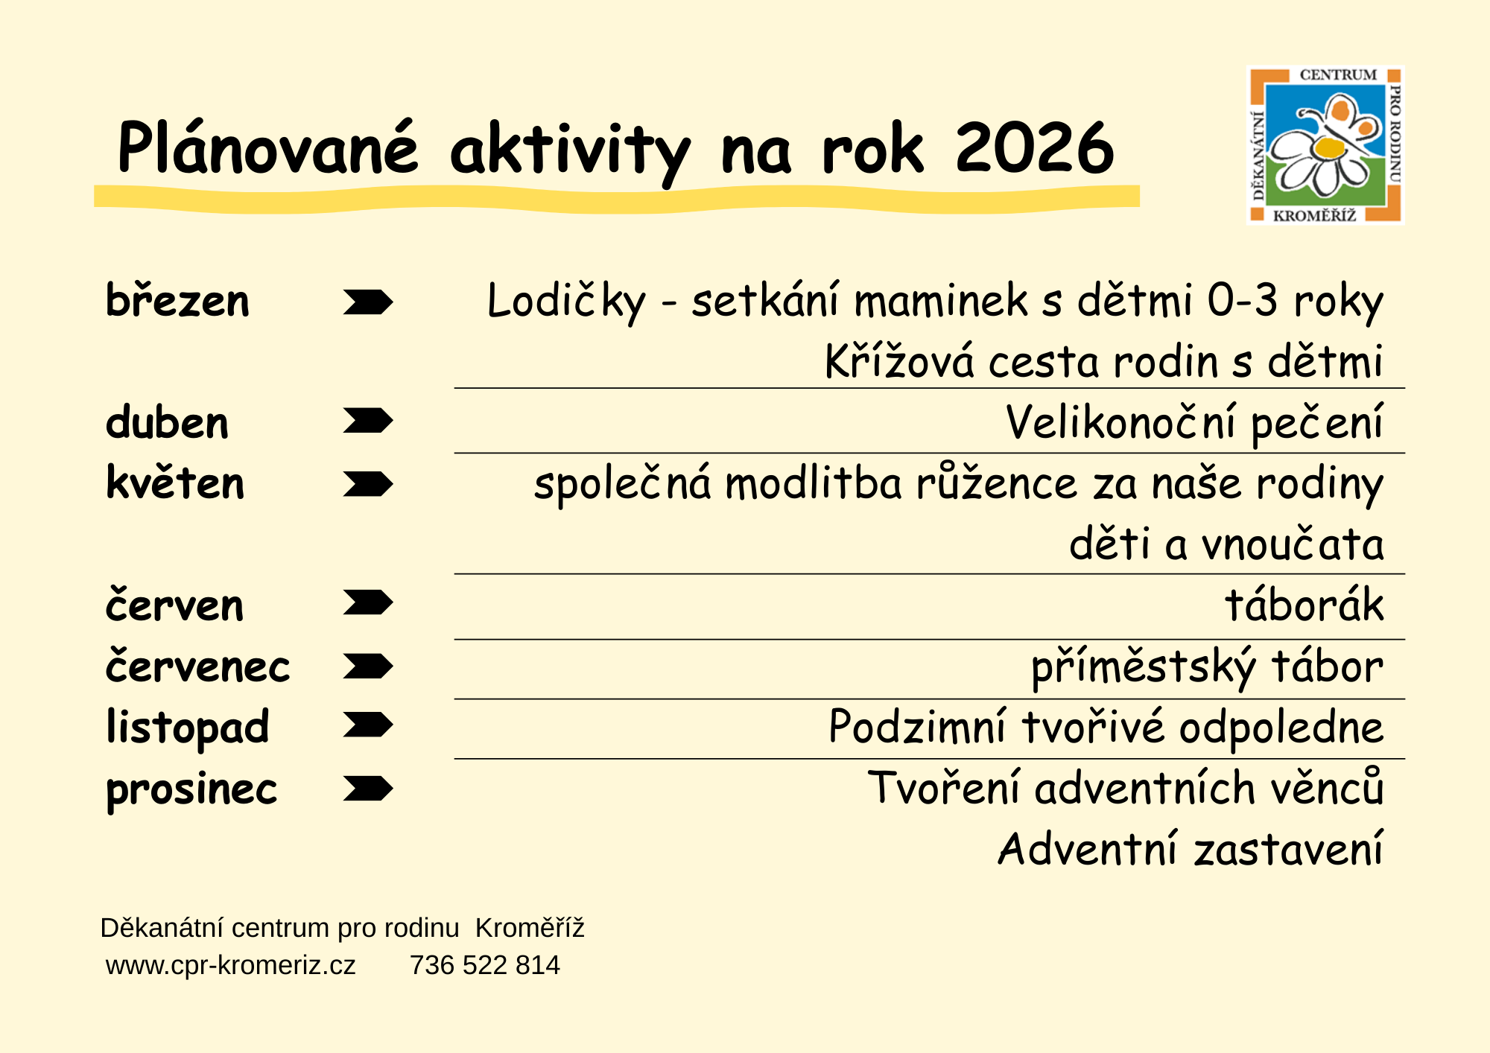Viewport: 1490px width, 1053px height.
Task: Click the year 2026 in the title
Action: [1035, 147]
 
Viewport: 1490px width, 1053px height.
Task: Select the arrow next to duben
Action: [368, 421]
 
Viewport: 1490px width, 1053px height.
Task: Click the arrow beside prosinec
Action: [368, 788]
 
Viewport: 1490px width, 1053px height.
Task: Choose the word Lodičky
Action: [566, 302]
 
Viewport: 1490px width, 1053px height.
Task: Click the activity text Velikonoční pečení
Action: [1194, 422]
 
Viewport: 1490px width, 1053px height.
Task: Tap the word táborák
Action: [1304, 604]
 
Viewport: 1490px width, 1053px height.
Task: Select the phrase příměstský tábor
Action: [1207, 666]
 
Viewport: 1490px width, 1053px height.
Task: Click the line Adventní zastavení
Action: [1191, 848]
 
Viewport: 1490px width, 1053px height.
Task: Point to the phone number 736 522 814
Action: [484, 965]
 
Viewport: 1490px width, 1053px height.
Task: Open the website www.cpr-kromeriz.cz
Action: [231, 965]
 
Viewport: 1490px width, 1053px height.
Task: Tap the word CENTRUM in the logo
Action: [1338, 74]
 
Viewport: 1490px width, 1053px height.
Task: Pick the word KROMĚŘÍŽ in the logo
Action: [1315, 216]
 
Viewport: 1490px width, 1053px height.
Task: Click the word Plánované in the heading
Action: [268, 147]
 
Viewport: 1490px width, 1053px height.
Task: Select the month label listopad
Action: [187, 728]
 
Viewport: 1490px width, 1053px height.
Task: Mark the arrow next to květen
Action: [368, 484]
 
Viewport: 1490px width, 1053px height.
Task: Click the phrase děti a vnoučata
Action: [1226, 543]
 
